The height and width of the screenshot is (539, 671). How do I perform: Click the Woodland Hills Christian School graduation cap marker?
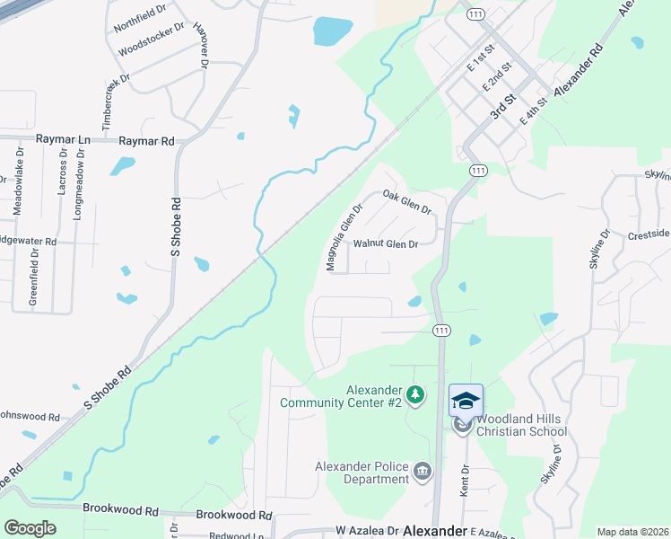click(x=466, y=401)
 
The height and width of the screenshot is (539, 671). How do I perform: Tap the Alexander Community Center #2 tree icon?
click(x=414, y=394)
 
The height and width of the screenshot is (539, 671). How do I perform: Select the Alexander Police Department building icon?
click(x=423, y=471)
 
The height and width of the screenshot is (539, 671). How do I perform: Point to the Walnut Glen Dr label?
click(x=386, y=244)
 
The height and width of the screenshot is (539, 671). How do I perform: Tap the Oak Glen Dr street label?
click(x=407, y=200)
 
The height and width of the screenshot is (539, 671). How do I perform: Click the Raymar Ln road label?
click(x=64, y=140)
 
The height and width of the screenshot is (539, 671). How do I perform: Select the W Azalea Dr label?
click(x=365, y=531)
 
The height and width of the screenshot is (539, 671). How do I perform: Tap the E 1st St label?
click(x=481, y=60)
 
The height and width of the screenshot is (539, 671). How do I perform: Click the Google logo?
click(x=30, y=528)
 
